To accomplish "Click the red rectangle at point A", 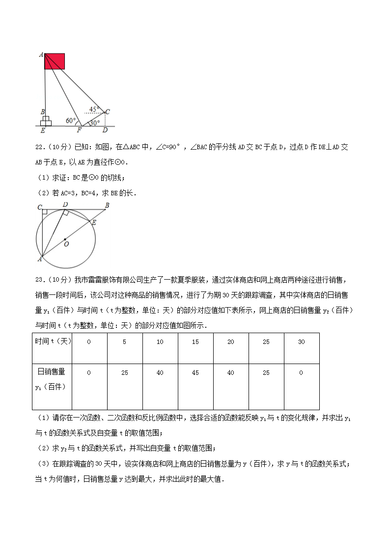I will pos(55,61).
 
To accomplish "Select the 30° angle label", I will pos(95,123).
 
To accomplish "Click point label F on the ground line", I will pos(79,131).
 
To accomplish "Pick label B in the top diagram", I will pos(43,112).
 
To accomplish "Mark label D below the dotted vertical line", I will pos(105,131).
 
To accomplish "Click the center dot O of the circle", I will pos(65,239).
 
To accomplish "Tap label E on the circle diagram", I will pos(94,222).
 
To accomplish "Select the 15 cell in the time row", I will pos(195,342).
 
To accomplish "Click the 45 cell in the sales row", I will pos(195,373).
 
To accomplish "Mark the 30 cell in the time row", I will pos(302,342).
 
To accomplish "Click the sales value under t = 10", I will pos(160,373).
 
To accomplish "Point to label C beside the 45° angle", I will pos(108,111).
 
